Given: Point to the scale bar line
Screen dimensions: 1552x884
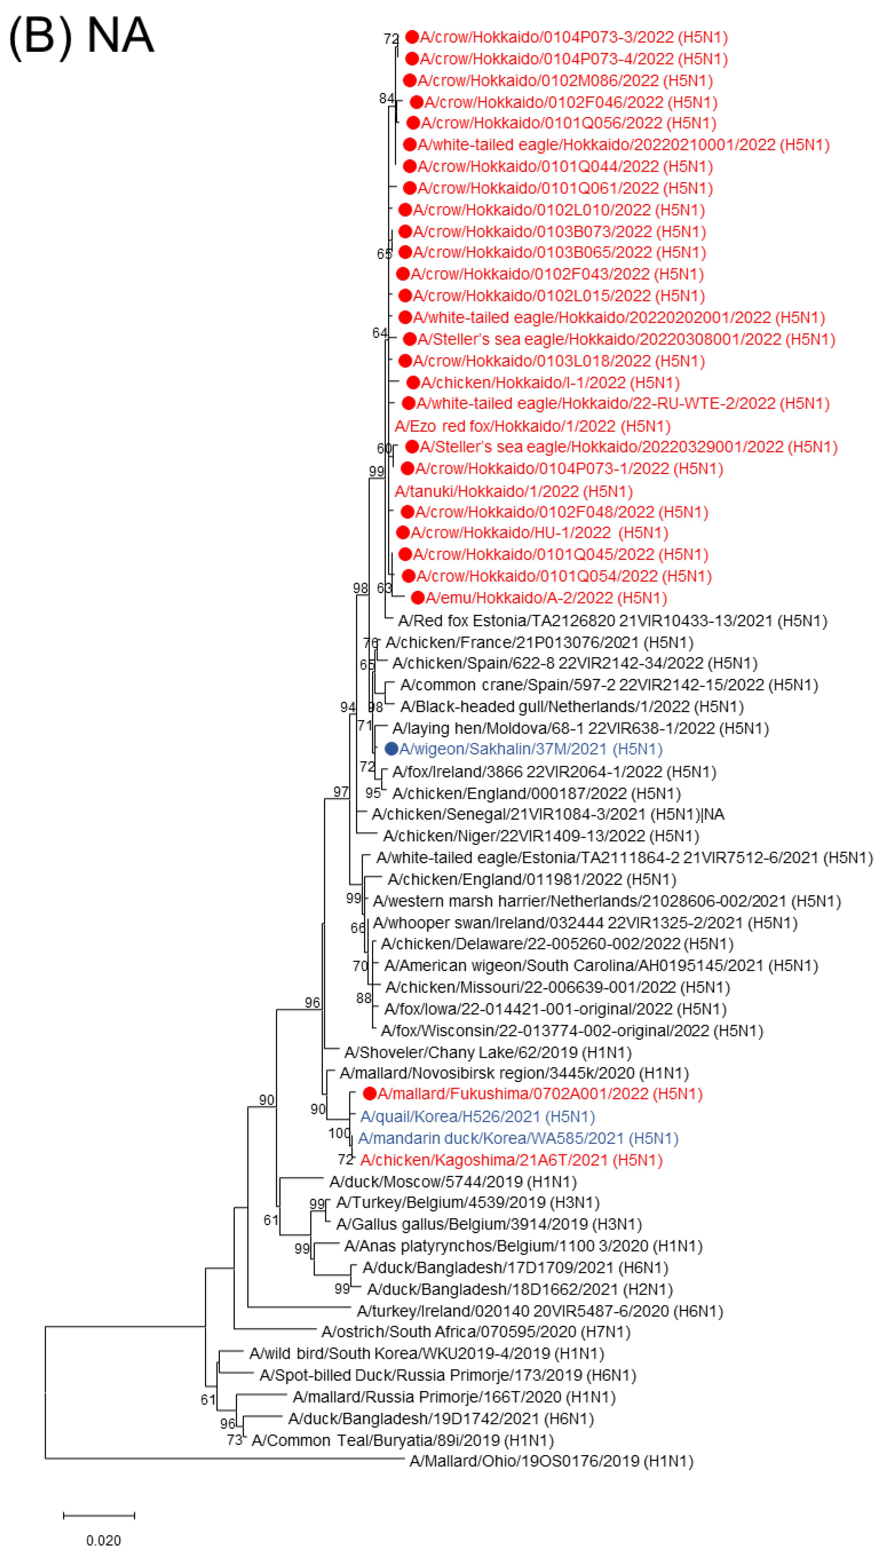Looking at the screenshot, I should pyautogui.click(x=99, y=1515).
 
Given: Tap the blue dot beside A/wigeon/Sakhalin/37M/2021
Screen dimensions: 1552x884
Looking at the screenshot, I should pyautogui.click(x=392, y=749).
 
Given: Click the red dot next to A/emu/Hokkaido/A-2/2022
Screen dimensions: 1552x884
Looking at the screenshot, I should pyautogui.click(x=418, y=598).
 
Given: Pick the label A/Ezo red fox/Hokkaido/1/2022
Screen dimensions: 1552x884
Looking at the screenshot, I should pyautogui.click(x=532, y=426).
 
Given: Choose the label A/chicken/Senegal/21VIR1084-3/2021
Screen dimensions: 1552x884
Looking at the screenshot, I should pyautogui.click(x=548, y=814).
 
